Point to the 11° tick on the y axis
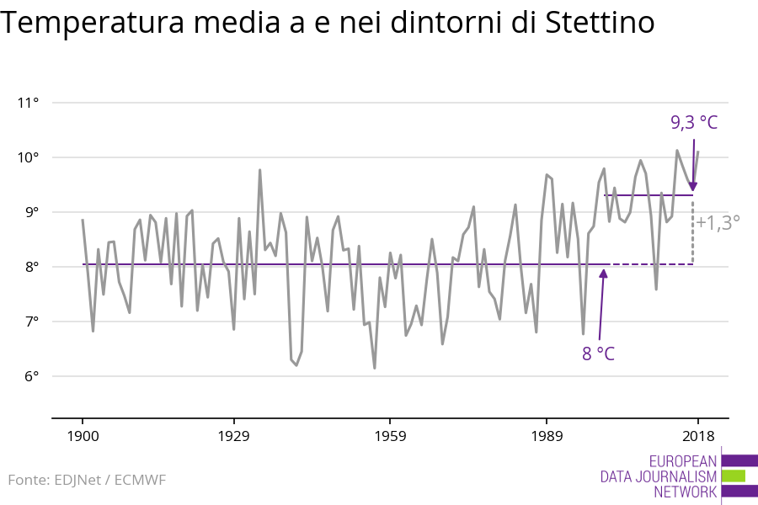click(x=29, y=104)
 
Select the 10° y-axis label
click(x=29, y=158)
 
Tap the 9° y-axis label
click(x=31, y=212)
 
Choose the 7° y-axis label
click(x=31, y=322)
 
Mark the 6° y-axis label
click(x=31, y=376)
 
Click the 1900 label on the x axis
click(x=83, y=436)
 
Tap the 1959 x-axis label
click(x=390, y=436)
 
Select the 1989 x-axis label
click(x=547, y=436)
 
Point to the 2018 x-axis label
click(x=698, y=436)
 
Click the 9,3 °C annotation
click(x=694, y=123)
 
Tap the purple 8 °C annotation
click(x=598, y=353)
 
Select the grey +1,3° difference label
click(x=718, y=223)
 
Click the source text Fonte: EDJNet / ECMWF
click(x=87, y=480)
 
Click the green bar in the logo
click(x=734, y=476)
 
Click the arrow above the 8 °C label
click(x=601, y=303)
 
